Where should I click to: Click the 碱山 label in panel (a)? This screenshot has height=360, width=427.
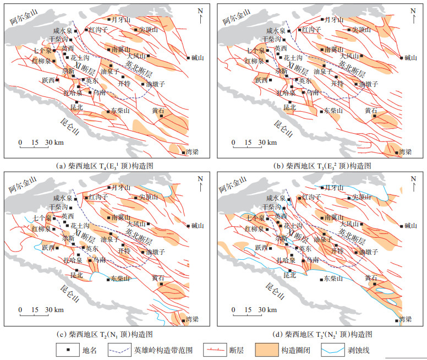point(198,57)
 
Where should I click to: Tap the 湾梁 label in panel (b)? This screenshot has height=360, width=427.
point(405,151)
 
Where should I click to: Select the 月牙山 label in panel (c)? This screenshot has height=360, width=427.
point(121,187)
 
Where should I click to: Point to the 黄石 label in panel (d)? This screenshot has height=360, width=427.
point(371,279)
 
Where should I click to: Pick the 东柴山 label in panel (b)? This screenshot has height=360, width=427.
point(334,111)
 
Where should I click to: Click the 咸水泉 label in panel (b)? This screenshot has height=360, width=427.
point(277,31)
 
